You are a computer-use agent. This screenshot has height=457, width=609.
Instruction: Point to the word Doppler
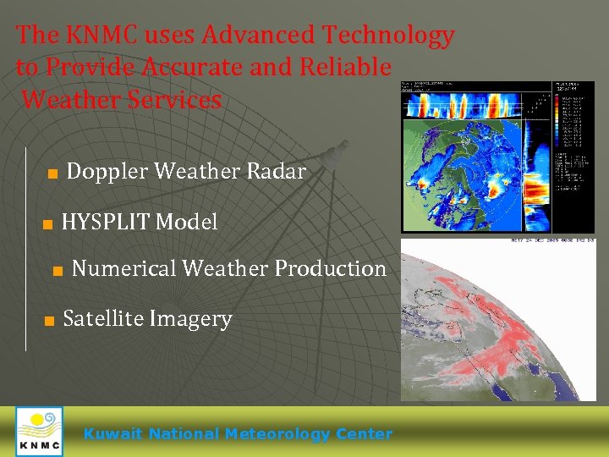[x=107, y=171]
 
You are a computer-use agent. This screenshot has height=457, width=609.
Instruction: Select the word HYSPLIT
[x=106, y=222]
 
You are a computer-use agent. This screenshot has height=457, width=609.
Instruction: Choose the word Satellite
[x=103, y=319]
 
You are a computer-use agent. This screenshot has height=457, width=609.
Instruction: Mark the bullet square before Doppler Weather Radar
[x=52, y=173]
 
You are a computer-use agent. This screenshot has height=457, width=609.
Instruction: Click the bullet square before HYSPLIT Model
[x=48, y=224]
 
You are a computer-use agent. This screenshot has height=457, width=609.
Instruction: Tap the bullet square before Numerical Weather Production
[x=58, y=271]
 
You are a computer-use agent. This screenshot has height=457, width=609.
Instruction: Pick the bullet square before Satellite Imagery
[x=49, y=322]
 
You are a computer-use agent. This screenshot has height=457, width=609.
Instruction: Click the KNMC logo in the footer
[x=39, y=432]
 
